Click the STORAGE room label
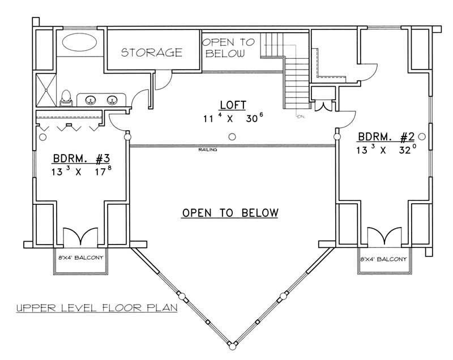(152, 53)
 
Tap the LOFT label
(233, 105)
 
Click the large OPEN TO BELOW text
(230, 213)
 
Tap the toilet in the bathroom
(66, 97)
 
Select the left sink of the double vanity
(90, 100)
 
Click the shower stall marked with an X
(44, 89)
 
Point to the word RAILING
(207, 150)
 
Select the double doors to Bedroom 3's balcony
(79, 237)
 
